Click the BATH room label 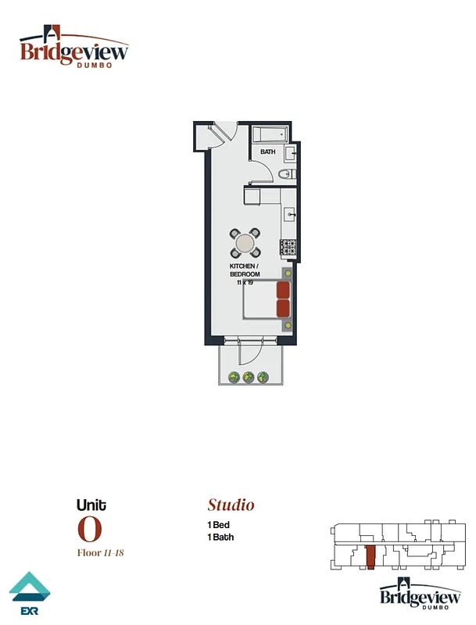[268, 152]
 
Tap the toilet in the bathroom [286, 174]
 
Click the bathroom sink [289, 152]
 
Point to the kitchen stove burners [288, 248]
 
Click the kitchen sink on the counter [288, 213]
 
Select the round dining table [245, 243]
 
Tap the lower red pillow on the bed [283, 308]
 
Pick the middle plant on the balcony [249, 378]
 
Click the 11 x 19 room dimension [245, 282]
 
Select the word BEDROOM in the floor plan [244, 274]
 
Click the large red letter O [89, 530]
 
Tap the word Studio [231, 505]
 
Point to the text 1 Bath [220, 537]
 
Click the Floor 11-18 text [100, 553]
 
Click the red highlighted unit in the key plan [371, 558]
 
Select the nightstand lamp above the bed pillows [288, 273]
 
